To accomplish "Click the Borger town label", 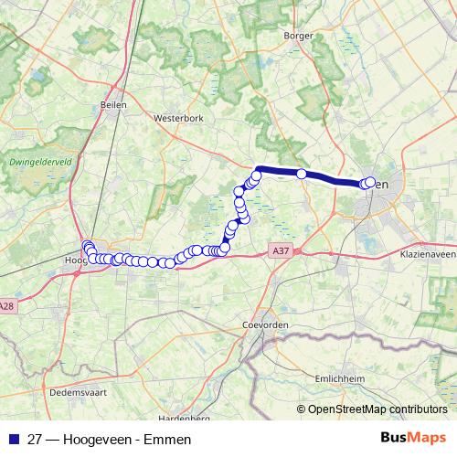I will tap(299, 36).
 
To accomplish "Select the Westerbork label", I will tap(177, 118).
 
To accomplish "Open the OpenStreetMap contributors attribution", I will tap(377, 409).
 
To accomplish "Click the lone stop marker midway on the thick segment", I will tap(302, 174).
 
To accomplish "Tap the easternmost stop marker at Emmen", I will tap(370, 182).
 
